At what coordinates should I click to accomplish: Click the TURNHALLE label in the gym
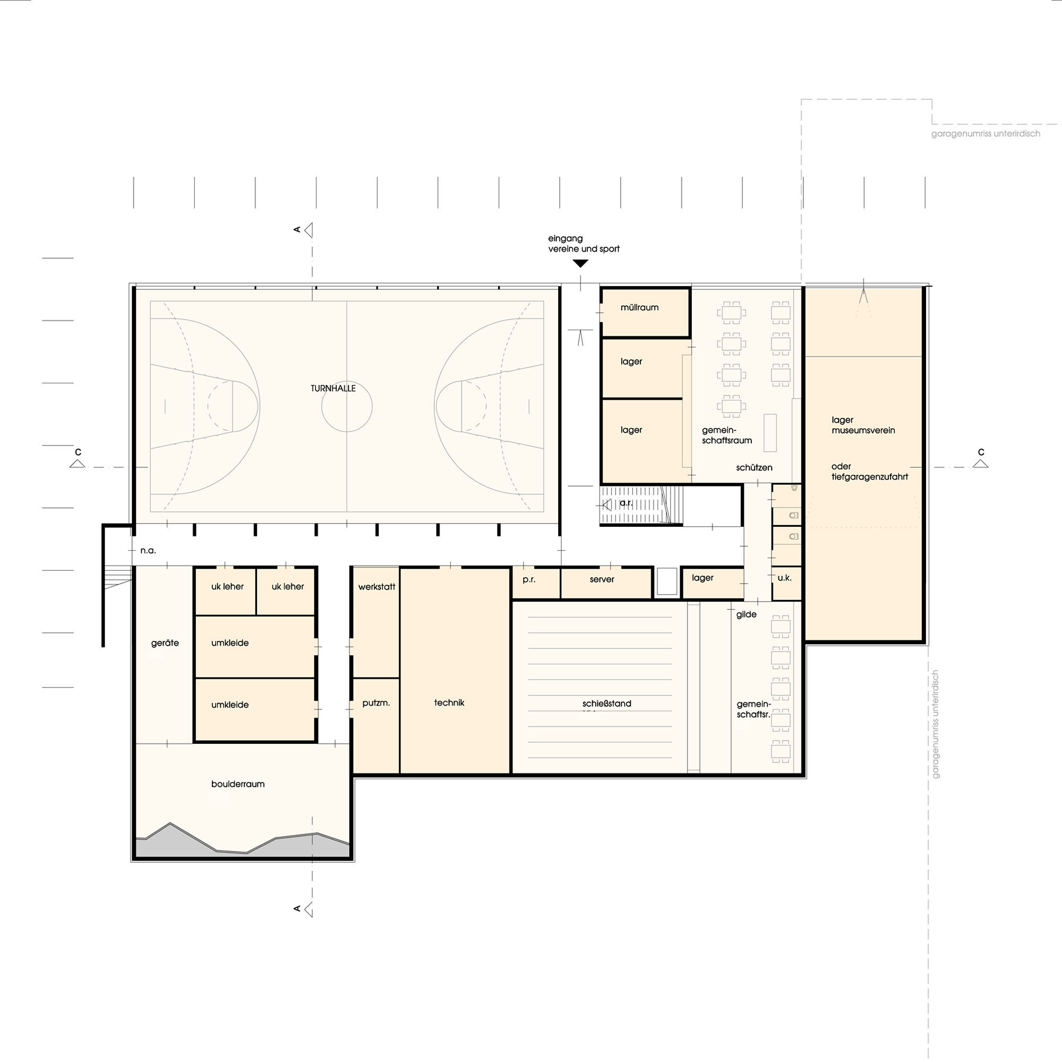click(x=333, y=388)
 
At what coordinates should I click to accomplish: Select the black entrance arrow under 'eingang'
click(x=580, y=264)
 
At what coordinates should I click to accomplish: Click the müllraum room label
click(x=639, y=308)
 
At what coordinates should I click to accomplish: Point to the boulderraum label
click(x=238, y=784)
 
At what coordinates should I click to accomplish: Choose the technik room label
click(x=449, y=703)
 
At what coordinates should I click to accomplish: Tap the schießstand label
click(x=607, y=704)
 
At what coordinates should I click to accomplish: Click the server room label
click(x=602, y=579)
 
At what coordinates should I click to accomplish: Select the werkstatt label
click(x=376, y=587)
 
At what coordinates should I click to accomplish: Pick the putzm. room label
click(x=376, y=703)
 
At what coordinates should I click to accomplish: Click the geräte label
click(x=165, y=643)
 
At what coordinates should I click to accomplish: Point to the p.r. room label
click(x=529, y=580)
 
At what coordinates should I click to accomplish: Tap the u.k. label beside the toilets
click(x=784, y=578)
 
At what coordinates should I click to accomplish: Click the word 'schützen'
click(x=754, y=468)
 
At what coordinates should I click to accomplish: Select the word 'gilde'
click(x=747, y=614)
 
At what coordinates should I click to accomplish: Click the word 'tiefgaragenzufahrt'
click(x=870, y=477)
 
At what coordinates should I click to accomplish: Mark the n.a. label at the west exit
click(x=148, y=550)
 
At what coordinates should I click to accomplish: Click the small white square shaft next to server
click(x=667, y=581)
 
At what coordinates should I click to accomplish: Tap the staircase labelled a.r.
click(x=641, y=504)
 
